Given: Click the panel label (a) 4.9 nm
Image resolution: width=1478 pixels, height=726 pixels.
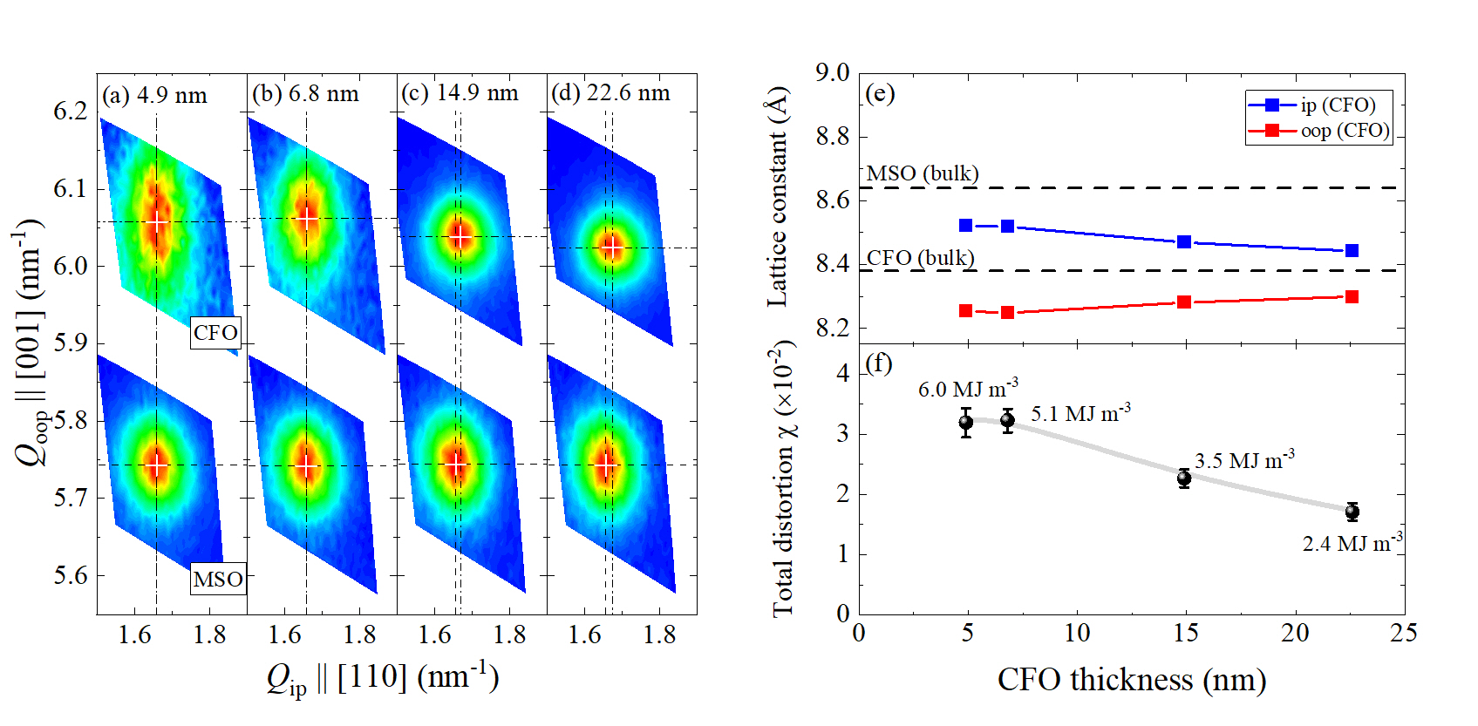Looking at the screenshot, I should [x=154, y=95].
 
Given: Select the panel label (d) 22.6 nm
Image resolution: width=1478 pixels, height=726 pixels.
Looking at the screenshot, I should [x=610, y=93].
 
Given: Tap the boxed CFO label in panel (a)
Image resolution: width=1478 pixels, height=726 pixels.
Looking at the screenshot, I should [x=215, y=332].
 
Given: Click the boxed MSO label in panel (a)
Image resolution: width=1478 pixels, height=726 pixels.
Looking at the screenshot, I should [x=218, y=580].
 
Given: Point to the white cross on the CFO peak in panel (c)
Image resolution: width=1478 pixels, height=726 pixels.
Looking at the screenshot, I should [x=460, y=236].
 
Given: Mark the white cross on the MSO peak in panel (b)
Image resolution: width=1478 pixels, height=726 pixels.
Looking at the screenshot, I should [x=305, y=466].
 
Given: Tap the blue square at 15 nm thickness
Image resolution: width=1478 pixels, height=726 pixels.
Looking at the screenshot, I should [x=1184, y=241].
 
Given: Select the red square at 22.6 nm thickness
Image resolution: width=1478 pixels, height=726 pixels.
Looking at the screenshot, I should [x=1352, y=297].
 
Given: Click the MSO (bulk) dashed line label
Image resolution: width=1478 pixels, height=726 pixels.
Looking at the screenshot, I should [x=923, y=173].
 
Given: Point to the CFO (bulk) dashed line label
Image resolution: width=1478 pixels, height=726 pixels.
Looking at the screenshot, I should [x=921, y=258].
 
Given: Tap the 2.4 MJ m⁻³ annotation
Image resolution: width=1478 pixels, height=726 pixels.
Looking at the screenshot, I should [x=1352, y=543].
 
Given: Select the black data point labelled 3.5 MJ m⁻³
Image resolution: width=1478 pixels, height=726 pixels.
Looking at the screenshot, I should [x=1184, y=478].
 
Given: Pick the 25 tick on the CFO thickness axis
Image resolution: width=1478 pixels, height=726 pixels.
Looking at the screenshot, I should [x=1404, y=634].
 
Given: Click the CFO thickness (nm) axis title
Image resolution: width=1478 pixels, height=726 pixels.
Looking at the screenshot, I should [x=1132, y=680].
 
